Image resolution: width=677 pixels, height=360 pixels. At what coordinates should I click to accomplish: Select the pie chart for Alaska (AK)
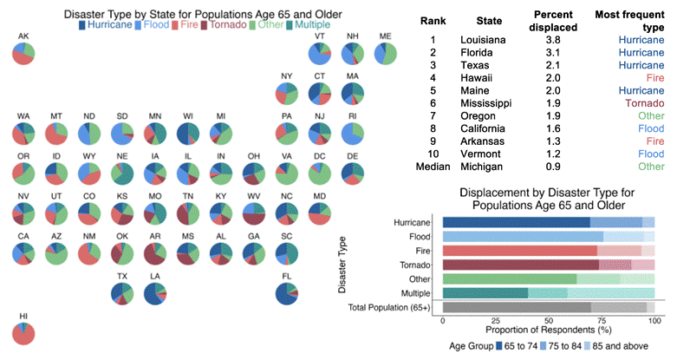[24, 53]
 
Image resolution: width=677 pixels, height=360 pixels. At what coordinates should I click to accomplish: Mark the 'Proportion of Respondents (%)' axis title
[549, 331]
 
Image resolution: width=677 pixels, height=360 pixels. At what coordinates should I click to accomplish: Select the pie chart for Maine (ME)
[386, 53]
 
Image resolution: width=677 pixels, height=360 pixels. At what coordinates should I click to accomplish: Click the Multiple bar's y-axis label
[420, 293]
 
